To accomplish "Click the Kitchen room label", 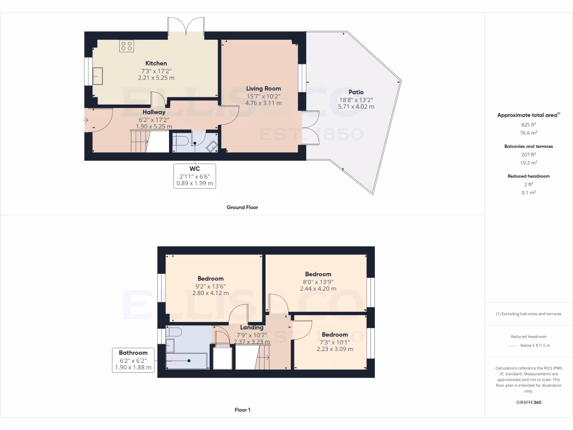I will pos(156,63).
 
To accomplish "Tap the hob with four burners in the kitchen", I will pos(126,46).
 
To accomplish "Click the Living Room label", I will pos(264,88).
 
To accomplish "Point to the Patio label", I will pos(356,92).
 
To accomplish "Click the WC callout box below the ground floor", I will pos(195,176).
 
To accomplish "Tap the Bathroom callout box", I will pos(133,360).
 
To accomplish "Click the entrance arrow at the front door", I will pos(87,119).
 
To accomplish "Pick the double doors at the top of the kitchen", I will pos(187,26).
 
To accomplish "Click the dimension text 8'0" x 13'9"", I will pos(318,282).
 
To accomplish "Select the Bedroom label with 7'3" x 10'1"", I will pos(335,335).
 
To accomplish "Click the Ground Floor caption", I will pos(242,207).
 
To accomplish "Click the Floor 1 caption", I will pos(242,410).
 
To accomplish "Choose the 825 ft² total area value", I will pos(529,125).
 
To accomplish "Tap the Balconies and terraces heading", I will pos(529,146).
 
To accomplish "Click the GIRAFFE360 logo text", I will pos(529,402).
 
